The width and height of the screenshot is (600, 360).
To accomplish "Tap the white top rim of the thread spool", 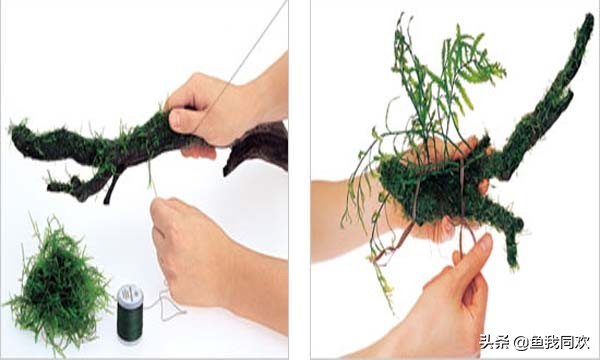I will pos(130,291).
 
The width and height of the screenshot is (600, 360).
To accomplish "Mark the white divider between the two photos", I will pos(299,180).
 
